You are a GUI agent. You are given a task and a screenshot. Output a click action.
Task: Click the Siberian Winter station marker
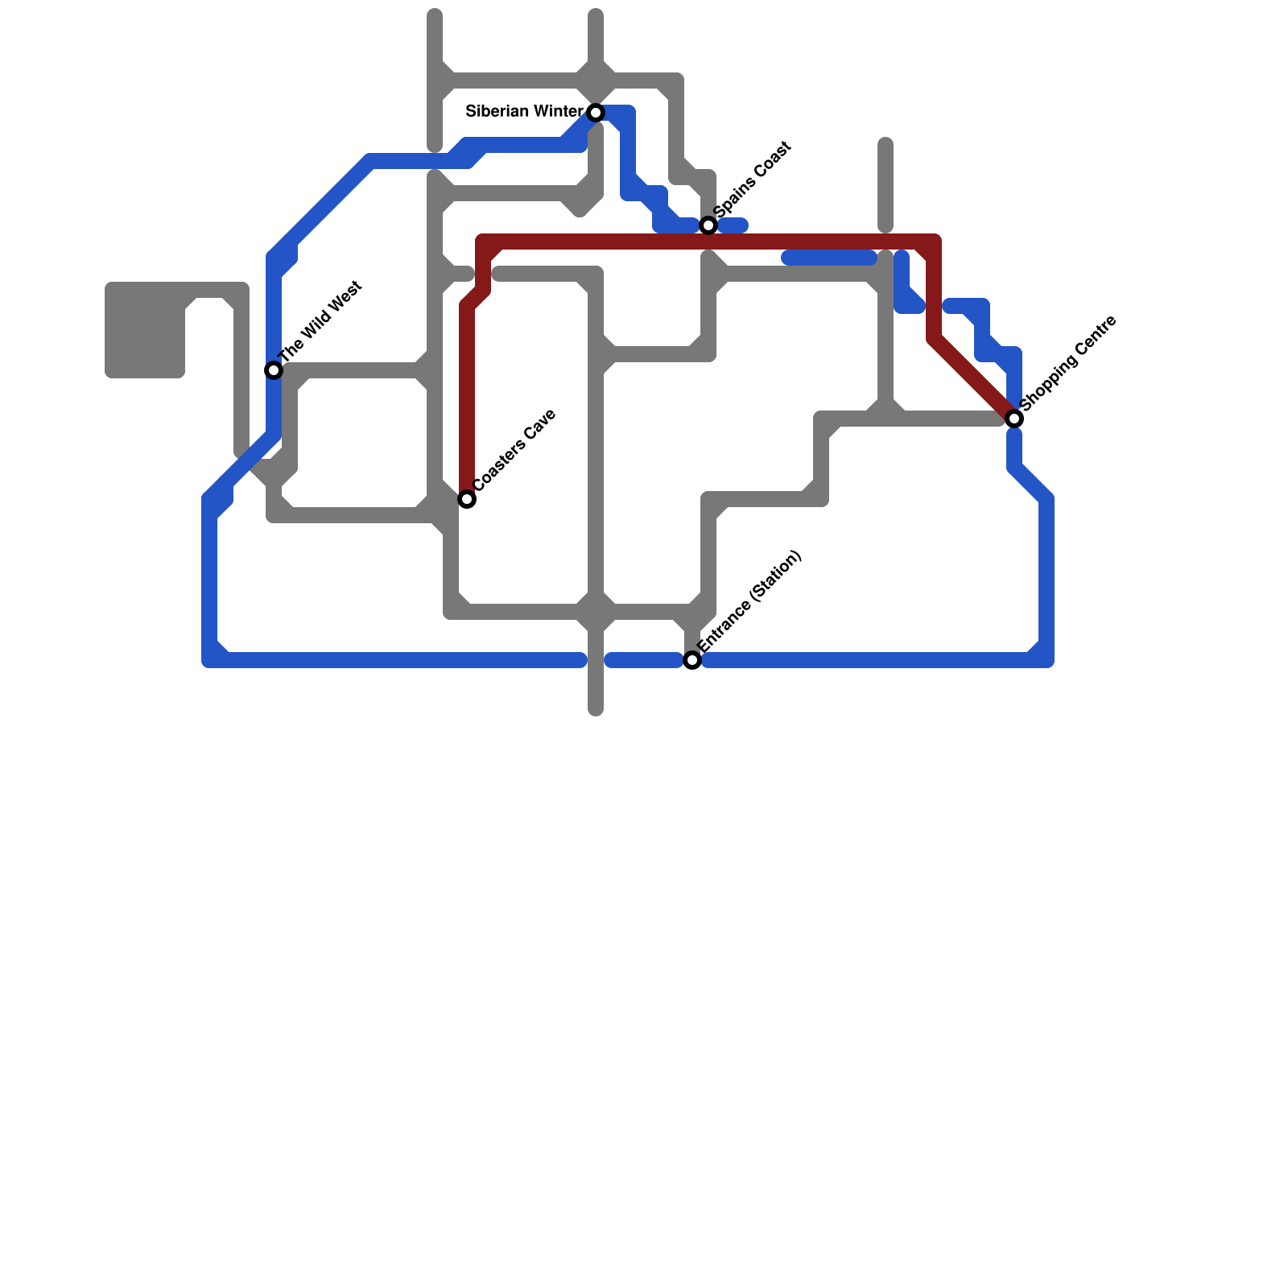click(596, 113)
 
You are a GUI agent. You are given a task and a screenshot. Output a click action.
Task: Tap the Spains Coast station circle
click(708, 225)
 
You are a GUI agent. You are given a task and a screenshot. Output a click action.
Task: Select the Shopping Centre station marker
click(1014, 419)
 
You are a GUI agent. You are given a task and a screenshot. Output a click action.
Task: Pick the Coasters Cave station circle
click(467, 499)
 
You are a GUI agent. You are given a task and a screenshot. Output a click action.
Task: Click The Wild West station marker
click(274, 370)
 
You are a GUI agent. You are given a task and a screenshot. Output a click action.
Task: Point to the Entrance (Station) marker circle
click(692, 660)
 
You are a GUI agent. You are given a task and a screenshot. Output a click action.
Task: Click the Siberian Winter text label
click(524, 112)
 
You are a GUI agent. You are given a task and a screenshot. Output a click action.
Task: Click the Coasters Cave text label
click(515, 450)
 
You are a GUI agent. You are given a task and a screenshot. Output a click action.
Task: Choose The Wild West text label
click(321, 321)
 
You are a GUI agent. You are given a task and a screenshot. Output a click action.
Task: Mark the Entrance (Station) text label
click(749, 601)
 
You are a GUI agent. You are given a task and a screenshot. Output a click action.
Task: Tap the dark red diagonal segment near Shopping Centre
click(974, 378)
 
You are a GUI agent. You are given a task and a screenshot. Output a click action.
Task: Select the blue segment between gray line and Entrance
click(644, 661)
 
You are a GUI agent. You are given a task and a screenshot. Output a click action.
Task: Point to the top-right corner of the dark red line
click(934, 242)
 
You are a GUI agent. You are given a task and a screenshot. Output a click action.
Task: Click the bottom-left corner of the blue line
click(209, 660)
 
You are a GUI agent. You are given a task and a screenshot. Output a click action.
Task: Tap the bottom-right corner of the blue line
click(1046, 660)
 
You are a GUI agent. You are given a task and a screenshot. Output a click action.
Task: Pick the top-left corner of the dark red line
click(483, 242)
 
